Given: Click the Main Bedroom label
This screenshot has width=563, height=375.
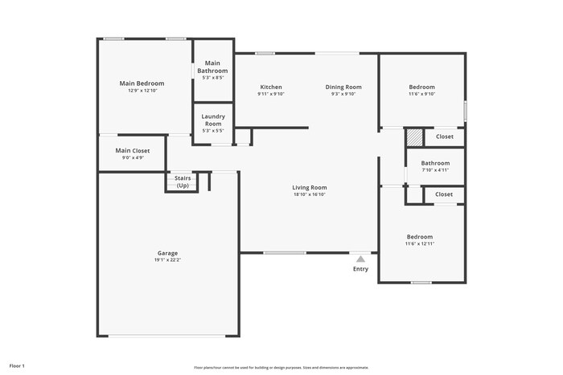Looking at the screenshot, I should click(x=142, y=84).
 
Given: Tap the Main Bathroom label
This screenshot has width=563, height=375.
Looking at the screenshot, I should click(x=212, y=67).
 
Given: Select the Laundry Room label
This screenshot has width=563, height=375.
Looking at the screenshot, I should click(x=212, y=120).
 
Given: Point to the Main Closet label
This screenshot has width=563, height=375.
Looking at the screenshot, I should click(x=133, y=151).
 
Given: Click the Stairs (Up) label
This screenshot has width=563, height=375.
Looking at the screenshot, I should click(x=183, y=181).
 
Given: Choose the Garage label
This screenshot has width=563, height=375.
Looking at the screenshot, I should click(x=167, y=253).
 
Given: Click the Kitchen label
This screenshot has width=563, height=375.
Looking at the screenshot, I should click(x=270, y=87).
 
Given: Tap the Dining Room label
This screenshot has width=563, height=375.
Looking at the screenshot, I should click(x=343, y=87).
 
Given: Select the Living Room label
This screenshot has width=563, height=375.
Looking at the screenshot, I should click(x=310, y=188).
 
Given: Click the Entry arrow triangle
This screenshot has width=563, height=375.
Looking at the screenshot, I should click(x=360, y=259).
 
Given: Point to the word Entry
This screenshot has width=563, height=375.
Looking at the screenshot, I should click(x=360, y=269).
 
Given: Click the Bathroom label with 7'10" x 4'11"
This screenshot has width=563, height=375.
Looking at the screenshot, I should click(x=435, y=163).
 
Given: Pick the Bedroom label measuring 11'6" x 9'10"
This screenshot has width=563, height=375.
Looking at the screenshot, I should click(x=421, y=87).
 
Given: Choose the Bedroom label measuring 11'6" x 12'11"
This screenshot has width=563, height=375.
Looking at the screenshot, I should click(x=420, y=237).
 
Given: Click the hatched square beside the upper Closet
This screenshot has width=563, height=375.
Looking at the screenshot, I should click(x=413, y=137).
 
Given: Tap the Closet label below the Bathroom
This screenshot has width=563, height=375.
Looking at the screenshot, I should click(x=444, y=194).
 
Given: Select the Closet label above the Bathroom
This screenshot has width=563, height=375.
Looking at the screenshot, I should click(x=445, y=137).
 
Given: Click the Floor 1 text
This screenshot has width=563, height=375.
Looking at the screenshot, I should click(x=17, y=366).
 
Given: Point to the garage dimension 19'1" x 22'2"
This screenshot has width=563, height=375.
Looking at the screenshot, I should click(x=167, y=260).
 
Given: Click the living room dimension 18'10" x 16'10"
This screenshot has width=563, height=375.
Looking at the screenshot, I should click(x=310, y=194).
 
